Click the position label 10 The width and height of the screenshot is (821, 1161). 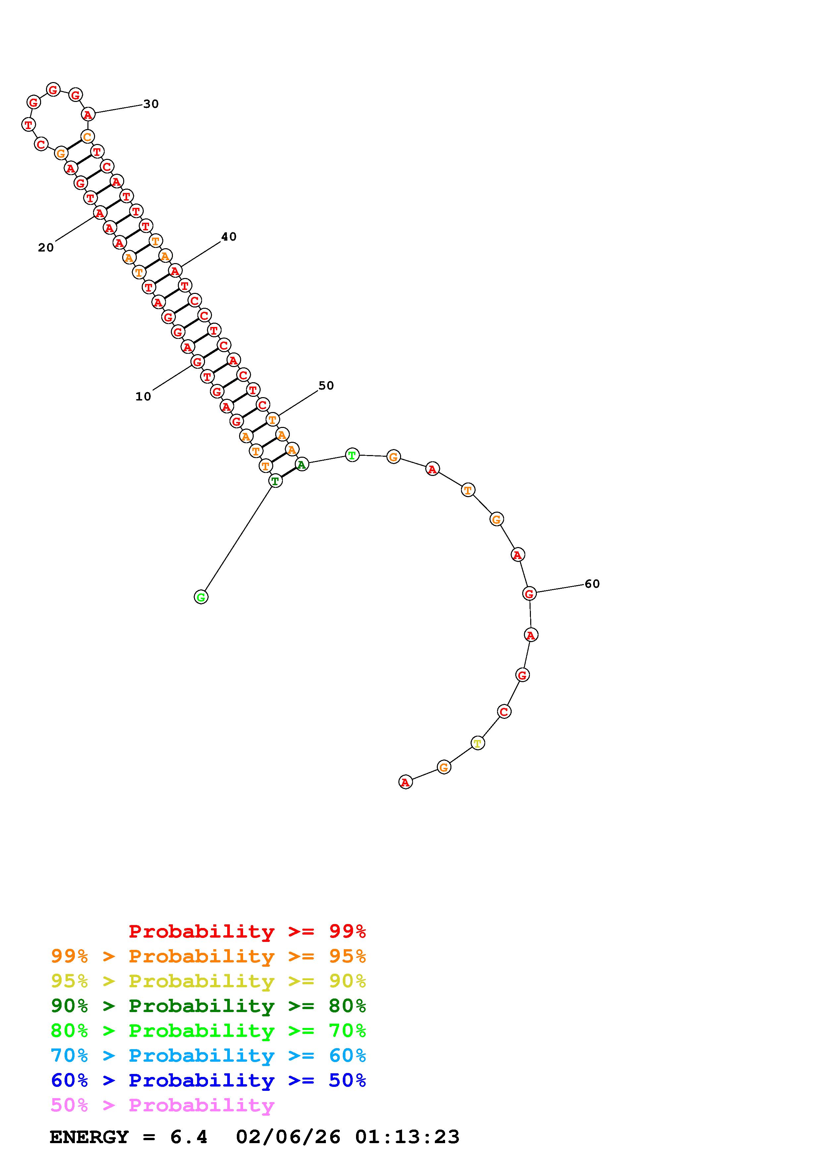(x=143, y=396)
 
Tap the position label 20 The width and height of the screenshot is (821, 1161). (x=46, y=248)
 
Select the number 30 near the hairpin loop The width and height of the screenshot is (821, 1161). (x=151, y=104)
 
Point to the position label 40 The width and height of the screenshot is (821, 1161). (x=229, y=237)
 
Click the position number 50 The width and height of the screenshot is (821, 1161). (x=326, y=386)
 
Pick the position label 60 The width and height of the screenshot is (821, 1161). (x=592, y=584)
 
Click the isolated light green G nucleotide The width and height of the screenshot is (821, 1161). (x=201, y=597)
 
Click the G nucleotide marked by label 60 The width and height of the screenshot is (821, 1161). (x=529, y=594)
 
